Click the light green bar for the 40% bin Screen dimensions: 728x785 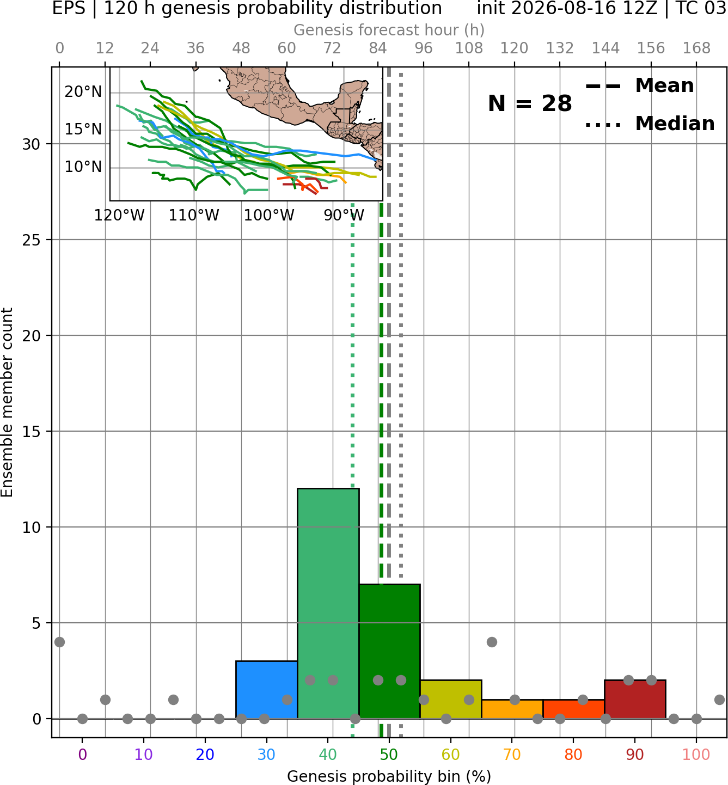click(328, 603)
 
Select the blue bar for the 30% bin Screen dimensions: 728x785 click(266, 690)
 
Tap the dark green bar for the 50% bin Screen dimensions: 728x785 click(389, 651)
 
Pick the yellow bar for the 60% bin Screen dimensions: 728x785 click(451, 699)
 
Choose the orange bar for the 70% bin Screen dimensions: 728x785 click(512, 709)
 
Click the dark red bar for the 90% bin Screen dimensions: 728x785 click(635, 699)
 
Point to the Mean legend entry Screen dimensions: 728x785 click(639, 85)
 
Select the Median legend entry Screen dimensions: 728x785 click(650, 124)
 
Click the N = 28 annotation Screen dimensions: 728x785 click(530, 103)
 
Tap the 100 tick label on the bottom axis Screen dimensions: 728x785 click(696, 755)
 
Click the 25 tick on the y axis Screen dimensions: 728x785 click(32, 240)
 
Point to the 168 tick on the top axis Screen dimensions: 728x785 click(697, 48)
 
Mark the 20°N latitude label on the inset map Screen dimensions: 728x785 click(83, 92)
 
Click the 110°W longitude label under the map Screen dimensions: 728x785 click(194, 216)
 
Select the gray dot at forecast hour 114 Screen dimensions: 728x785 click(492, 642)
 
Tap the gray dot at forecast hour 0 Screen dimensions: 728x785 click(59, 642)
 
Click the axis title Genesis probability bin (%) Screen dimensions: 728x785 click(389, 776)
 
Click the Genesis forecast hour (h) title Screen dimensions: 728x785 click(389, 30)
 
